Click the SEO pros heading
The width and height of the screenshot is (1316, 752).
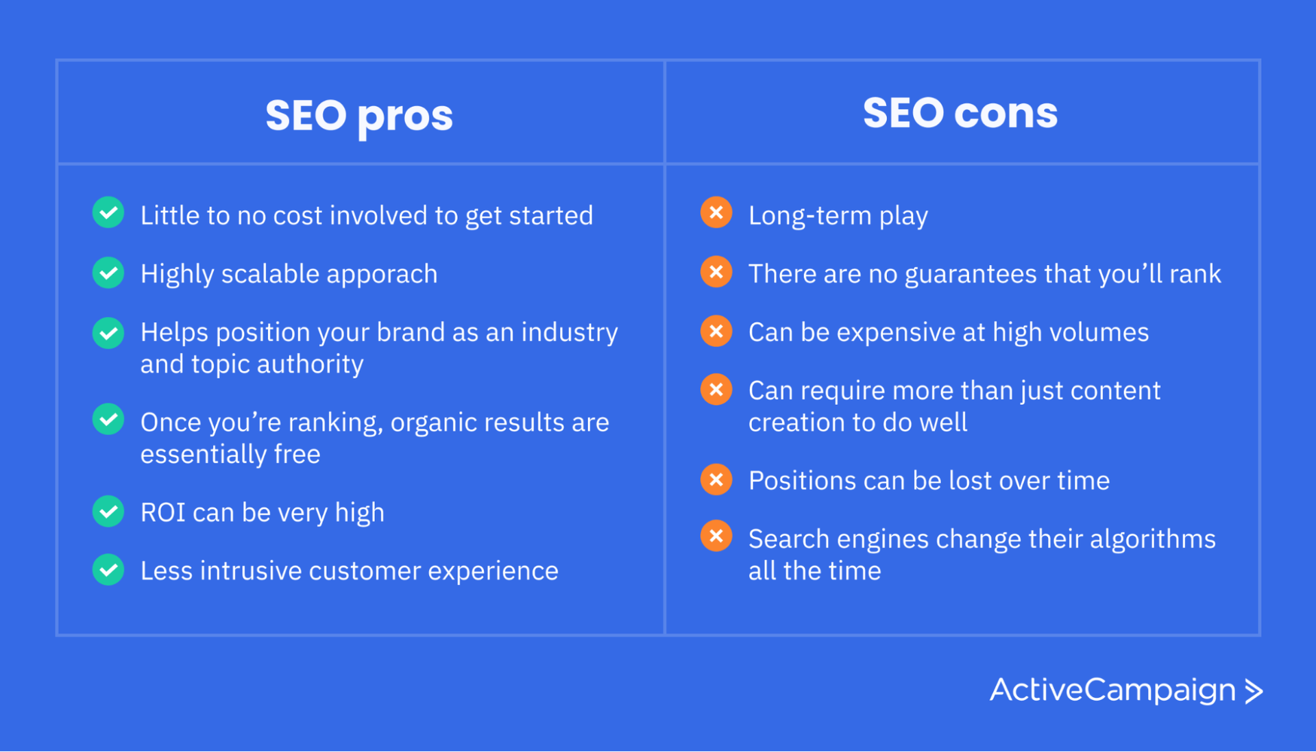(x=359, y=115)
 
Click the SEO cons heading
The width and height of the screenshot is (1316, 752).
(x=960, y=112)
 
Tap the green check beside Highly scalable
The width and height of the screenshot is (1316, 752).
(x=108, y=273)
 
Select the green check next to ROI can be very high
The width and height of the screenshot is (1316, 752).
(x=108, y=512)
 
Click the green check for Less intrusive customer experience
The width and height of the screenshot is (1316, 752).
(x=108, y=570)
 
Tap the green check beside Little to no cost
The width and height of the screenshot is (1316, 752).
(x=108, y=213)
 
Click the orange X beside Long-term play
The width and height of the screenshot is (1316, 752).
(x=716, y=213)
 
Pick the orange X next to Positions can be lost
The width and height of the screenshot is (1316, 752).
(x=716, y=479)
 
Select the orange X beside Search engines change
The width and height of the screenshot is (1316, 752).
(x=716, y=536)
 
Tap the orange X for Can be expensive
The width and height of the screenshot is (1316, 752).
(x=716, y=331)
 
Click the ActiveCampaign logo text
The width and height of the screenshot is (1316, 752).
(x=1112, y=690)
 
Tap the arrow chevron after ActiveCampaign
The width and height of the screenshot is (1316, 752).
(x=1254, y=691)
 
